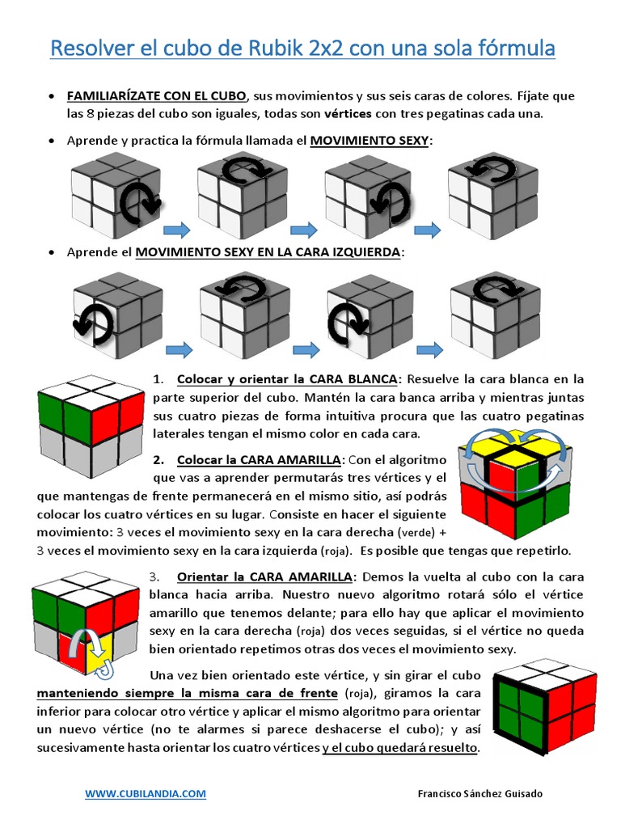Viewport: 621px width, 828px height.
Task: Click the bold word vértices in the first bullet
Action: coord(348,113)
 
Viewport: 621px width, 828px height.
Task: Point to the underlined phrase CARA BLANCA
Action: coord(358,379)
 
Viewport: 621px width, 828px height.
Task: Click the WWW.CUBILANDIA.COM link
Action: coord(146,794)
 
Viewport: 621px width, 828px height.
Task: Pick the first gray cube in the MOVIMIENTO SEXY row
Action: coord(115,188)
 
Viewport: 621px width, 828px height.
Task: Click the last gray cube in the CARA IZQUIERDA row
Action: coord(495,314)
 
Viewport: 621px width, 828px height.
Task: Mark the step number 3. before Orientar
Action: coord(155,577)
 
